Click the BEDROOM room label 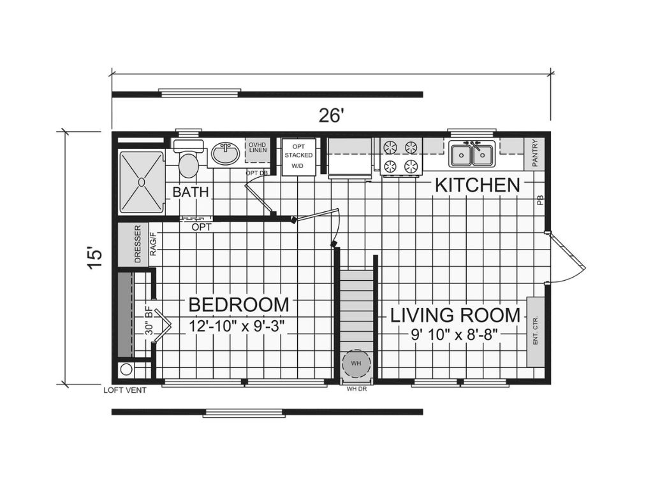coord(238,305)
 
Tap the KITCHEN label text coord(478,185)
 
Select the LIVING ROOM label coord(455,315)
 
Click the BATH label coord(191,192)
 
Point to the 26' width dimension coord(332,116)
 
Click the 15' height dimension coord(94,257)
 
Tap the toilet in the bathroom coord(188,163)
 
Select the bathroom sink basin coord(224,153)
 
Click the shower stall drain coord(141,182)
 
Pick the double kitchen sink coord(471,154)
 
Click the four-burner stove coord(402,157)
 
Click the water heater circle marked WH coord(356,364)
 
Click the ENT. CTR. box coord(534,331)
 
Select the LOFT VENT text coord(124,390)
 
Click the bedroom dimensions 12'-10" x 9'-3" coord(237,326)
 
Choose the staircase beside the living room coord(355,306)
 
